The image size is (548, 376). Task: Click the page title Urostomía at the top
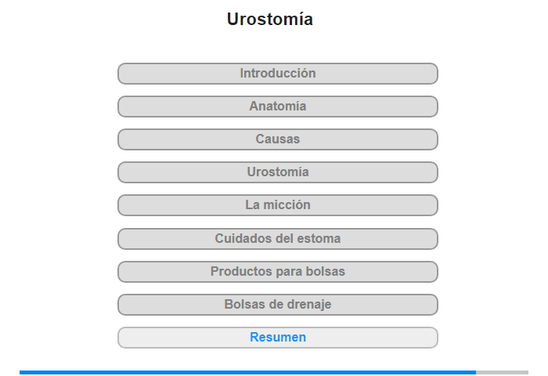coord(270,20)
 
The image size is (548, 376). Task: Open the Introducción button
coord(278,74)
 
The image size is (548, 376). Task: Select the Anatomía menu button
coord(278,107)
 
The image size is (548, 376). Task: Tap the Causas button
coord(278,139)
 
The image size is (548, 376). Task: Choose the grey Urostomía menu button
coord(278,172)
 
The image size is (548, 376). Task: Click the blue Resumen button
coord(278,338)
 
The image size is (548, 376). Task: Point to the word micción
coord(287,205)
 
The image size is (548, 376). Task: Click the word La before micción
coord(252,205)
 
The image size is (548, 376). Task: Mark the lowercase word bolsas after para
coord(326,271)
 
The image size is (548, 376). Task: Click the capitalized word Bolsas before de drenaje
coord(242,304)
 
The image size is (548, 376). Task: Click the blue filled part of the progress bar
coord(248,373)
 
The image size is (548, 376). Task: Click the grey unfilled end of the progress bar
coord(503,373)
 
